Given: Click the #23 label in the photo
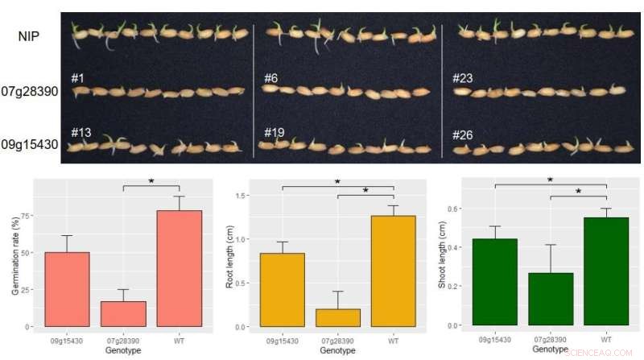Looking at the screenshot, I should (463, 78).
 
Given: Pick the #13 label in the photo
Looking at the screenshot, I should (81, 132).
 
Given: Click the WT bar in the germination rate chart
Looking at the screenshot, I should (179, 268).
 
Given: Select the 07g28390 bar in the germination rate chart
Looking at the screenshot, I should (123, 313).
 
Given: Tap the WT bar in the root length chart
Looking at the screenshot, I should (393, 271).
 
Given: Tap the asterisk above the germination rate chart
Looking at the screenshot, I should (151, 181).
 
